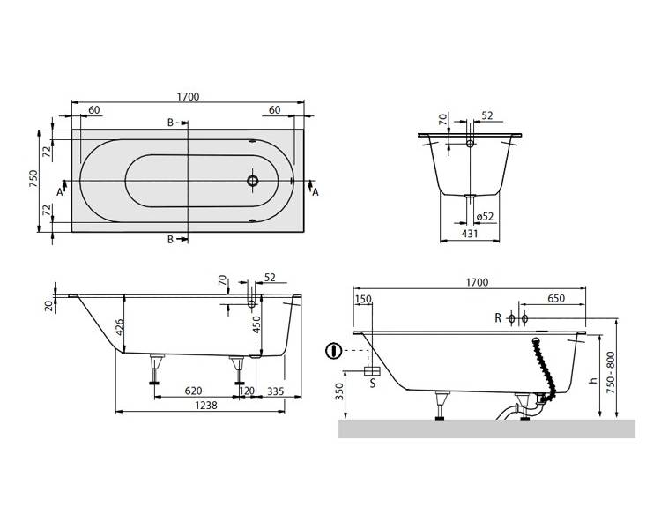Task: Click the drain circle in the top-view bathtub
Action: (x=253, y=181)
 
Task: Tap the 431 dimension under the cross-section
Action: (x=470, y=235)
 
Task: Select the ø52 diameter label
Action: (x=485, y=217)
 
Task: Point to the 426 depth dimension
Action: (x=120, y=327)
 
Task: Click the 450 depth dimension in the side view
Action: (x=256, y=324)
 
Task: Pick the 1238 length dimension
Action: (x=206, y=406)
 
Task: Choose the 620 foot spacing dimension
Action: (x=194, y=391)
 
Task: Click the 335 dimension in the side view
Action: (x=276, y=391)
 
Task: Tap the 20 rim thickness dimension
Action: (x=50, y=305)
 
